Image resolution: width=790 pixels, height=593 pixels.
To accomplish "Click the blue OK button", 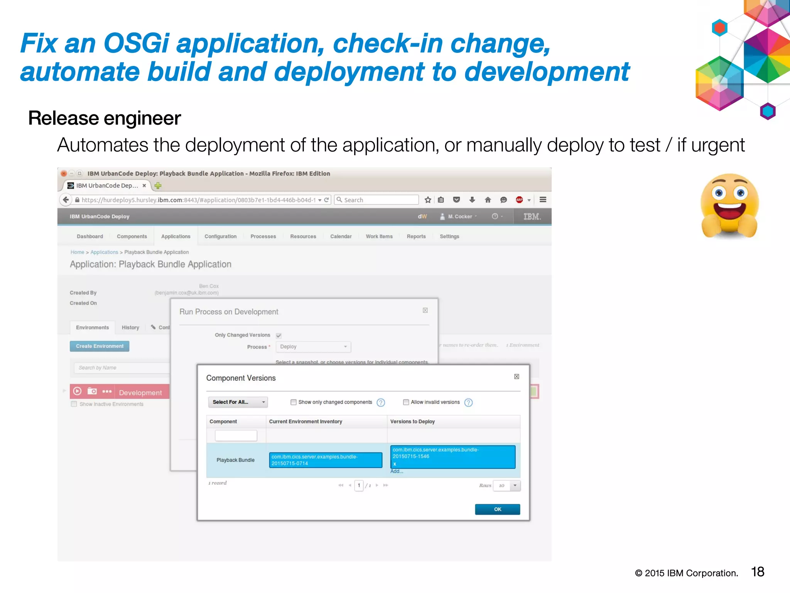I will pyautogui.click(x=497, y=509).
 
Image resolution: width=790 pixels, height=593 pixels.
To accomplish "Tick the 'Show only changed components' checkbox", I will pyautogui.click(x=294, y=402).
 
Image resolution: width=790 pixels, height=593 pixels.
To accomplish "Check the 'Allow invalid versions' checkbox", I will pyautogui.click(x=406, y=402).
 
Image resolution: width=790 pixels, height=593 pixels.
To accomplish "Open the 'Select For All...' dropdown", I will pyautogui.click(x=238, y=402).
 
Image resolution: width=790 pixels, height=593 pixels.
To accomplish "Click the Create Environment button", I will pyautogui.click(x=100, y=346).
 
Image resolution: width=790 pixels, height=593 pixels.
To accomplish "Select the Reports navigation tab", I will pyautogui.click(x=416, y=236).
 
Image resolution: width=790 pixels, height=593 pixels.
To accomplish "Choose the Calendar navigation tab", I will pyautogui.click(x=341, y=236).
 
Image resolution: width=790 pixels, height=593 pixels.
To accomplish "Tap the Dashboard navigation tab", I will pyautogui.click(x=90, y=236).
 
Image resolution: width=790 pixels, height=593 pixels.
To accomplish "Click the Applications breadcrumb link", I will pyautogui.click(x=104, y=252).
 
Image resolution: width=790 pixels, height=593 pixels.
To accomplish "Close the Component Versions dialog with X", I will pyautogui.click(x=517, y=376).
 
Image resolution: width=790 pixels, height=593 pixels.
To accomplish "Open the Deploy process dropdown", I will pyautogui.click(x=313, y=347).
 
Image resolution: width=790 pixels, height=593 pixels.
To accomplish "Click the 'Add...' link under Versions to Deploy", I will pyautogui.click(x=397, y=471).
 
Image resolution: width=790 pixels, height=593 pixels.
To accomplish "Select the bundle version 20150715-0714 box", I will pyautogui.click(x=325, y=460).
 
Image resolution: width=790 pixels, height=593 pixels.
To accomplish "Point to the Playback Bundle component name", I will pyautogui.click(x=235, y=460).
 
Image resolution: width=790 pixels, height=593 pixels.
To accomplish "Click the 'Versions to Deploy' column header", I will pyautogui.click(x=412, y=422).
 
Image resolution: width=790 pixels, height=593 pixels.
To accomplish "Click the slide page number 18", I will pyautogui.click(x=758, y=572).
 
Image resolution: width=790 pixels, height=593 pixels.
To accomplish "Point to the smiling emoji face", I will pyautogui.click(x=729, y=205).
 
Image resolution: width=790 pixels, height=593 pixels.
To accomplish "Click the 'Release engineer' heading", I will pyautogui.click(x=105, y=118).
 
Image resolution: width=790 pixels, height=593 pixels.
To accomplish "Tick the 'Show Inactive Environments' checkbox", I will pyautogui.click(x=74, y=404).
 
